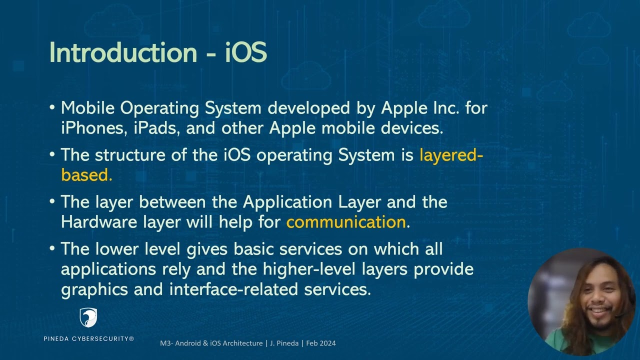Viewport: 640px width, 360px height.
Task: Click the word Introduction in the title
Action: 123,52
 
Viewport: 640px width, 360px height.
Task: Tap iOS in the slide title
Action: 245,52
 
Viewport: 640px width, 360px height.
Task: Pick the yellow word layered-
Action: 451,155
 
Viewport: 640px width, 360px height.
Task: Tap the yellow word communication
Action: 346,222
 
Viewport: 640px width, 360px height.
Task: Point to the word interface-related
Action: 235,289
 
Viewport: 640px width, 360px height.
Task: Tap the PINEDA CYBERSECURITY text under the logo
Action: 88,339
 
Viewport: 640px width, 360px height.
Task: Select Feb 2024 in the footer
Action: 321,343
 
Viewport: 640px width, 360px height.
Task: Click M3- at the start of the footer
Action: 166,343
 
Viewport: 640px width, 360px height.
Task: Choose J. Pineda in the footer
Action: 284,343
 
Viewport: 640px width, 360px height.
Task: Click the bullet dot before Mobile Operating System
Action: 52,108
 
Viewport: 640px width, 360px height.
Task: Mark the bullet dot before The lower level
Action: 52,248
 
